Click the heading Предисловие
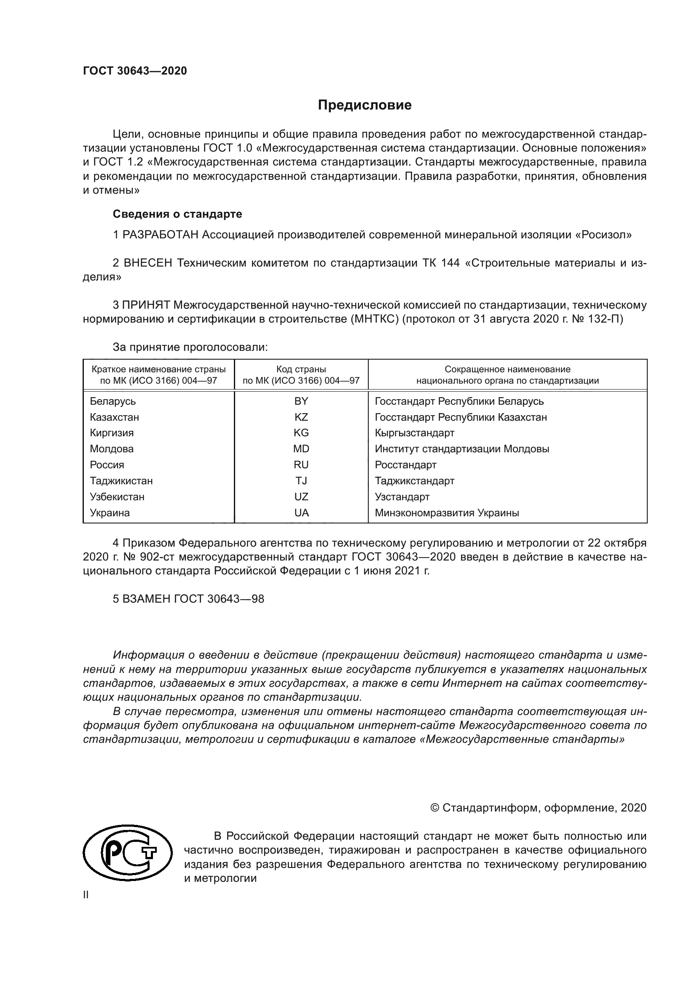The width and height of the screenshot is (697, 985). pyautogui.click(x=365, y=105)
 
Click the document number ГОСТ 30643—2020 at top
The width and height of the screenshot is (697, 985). pyautogui.click(x=135, y=71)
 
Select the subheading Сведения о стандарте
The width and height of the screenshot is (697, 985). pyautogui.click(x=177, y=214)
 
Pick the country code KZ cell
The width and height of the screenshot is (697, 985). pyautogui.click(x=301, y=417)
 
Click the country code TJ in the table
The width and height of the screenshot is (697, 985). pyautogui.click(x=301, y=480)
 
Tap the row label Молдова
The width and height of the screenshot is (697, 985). pyautogui.click(x=112, y=449)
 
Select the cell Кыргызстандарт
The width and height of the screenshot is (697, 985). pyautogui.click(x=414, y=433)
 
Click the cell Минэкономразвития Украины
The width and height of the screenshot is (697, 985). pyautogui.click(x=447, y=513)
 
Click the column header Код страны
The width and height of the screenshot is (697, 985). pyautogui.click(x=301, y=369)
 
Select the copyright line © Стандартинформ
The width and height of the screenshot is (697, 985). pyautogui.click(x=538, y=808)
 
